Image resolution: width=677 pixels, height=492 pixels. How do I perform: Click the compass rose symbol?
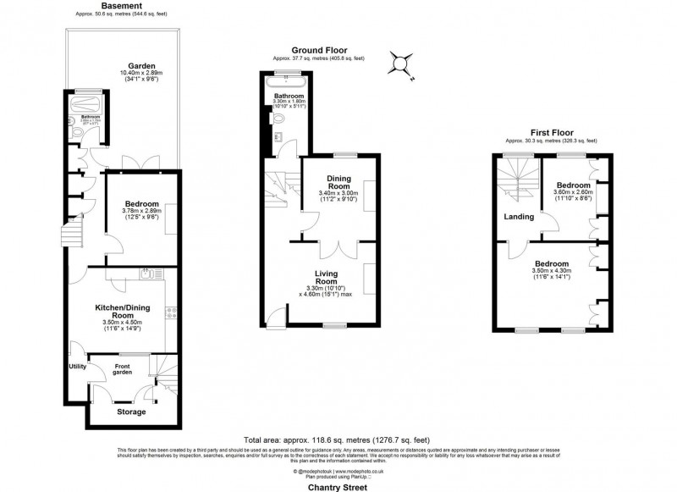(x=400, y=63)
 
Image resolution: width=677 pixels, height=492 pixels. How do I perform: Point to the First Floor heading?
(x=551, y=133)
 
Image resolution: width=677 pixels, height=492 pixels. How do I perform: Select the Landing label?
(x=519, y=217)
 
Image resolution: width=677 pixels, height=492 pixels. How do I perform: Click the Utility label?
(x=77, y=366)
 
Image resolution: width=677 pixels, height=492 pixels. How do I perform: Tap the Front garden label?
(x=124, y=368)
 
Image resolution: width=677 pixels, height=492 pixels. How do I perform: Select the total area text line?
(x=337, y=440)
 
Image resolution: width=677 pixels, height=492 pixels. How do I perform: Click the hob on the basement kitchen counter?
(x=170, y=313)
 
